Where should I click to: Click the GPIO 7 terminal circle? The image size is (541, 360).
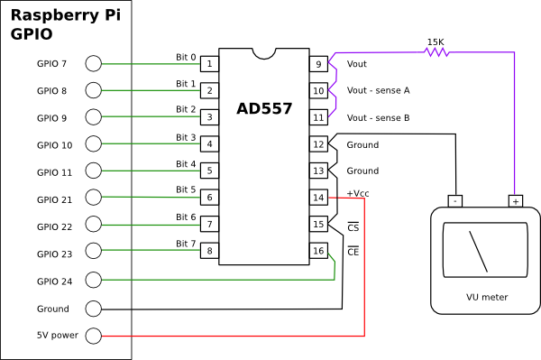click(x=93, y=63)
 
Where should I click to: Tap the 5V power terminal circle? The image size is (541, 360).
click(x=93, y=336)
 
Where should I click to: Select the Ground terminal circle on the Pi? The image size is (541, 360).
click(x=93, y=309)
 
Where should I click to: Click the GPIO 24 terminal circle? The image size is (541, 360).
click(x=93, y=281)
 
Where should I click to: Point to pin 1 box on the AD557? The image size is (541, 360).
click(x=209, y=64)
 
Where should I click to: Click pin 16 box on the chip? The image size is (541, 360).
click(x=318, y=251)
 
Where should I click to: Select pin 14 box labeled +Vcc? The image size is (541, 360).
click(x=318, y=198)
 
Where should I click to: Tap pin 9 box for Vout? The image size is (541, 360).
click(x=318, y=64)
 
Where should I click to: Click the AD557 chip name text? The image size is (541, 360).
click(x=266, y=109)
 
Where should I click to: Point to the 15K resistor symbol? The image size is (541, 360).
click(x=437, y=51)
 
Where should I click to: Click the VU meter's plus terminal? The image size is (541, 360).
click(x=515, y=200)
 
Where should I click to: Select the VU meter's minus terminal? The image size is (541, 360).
click(x=455, y=200)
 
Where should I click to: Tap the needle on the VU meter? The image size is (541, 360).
click(x=478, y=252)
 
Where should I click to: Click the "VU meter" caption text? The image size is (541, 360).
click(x=486, y=297)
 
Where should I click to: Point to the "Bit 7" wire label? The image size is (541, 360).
click(x=185, y=244)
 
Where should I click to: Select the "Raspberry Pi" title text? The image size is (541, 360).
click(x=65, y=15)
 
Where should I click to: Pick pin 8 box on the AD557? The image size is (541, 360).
click(x=209, y=251)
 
